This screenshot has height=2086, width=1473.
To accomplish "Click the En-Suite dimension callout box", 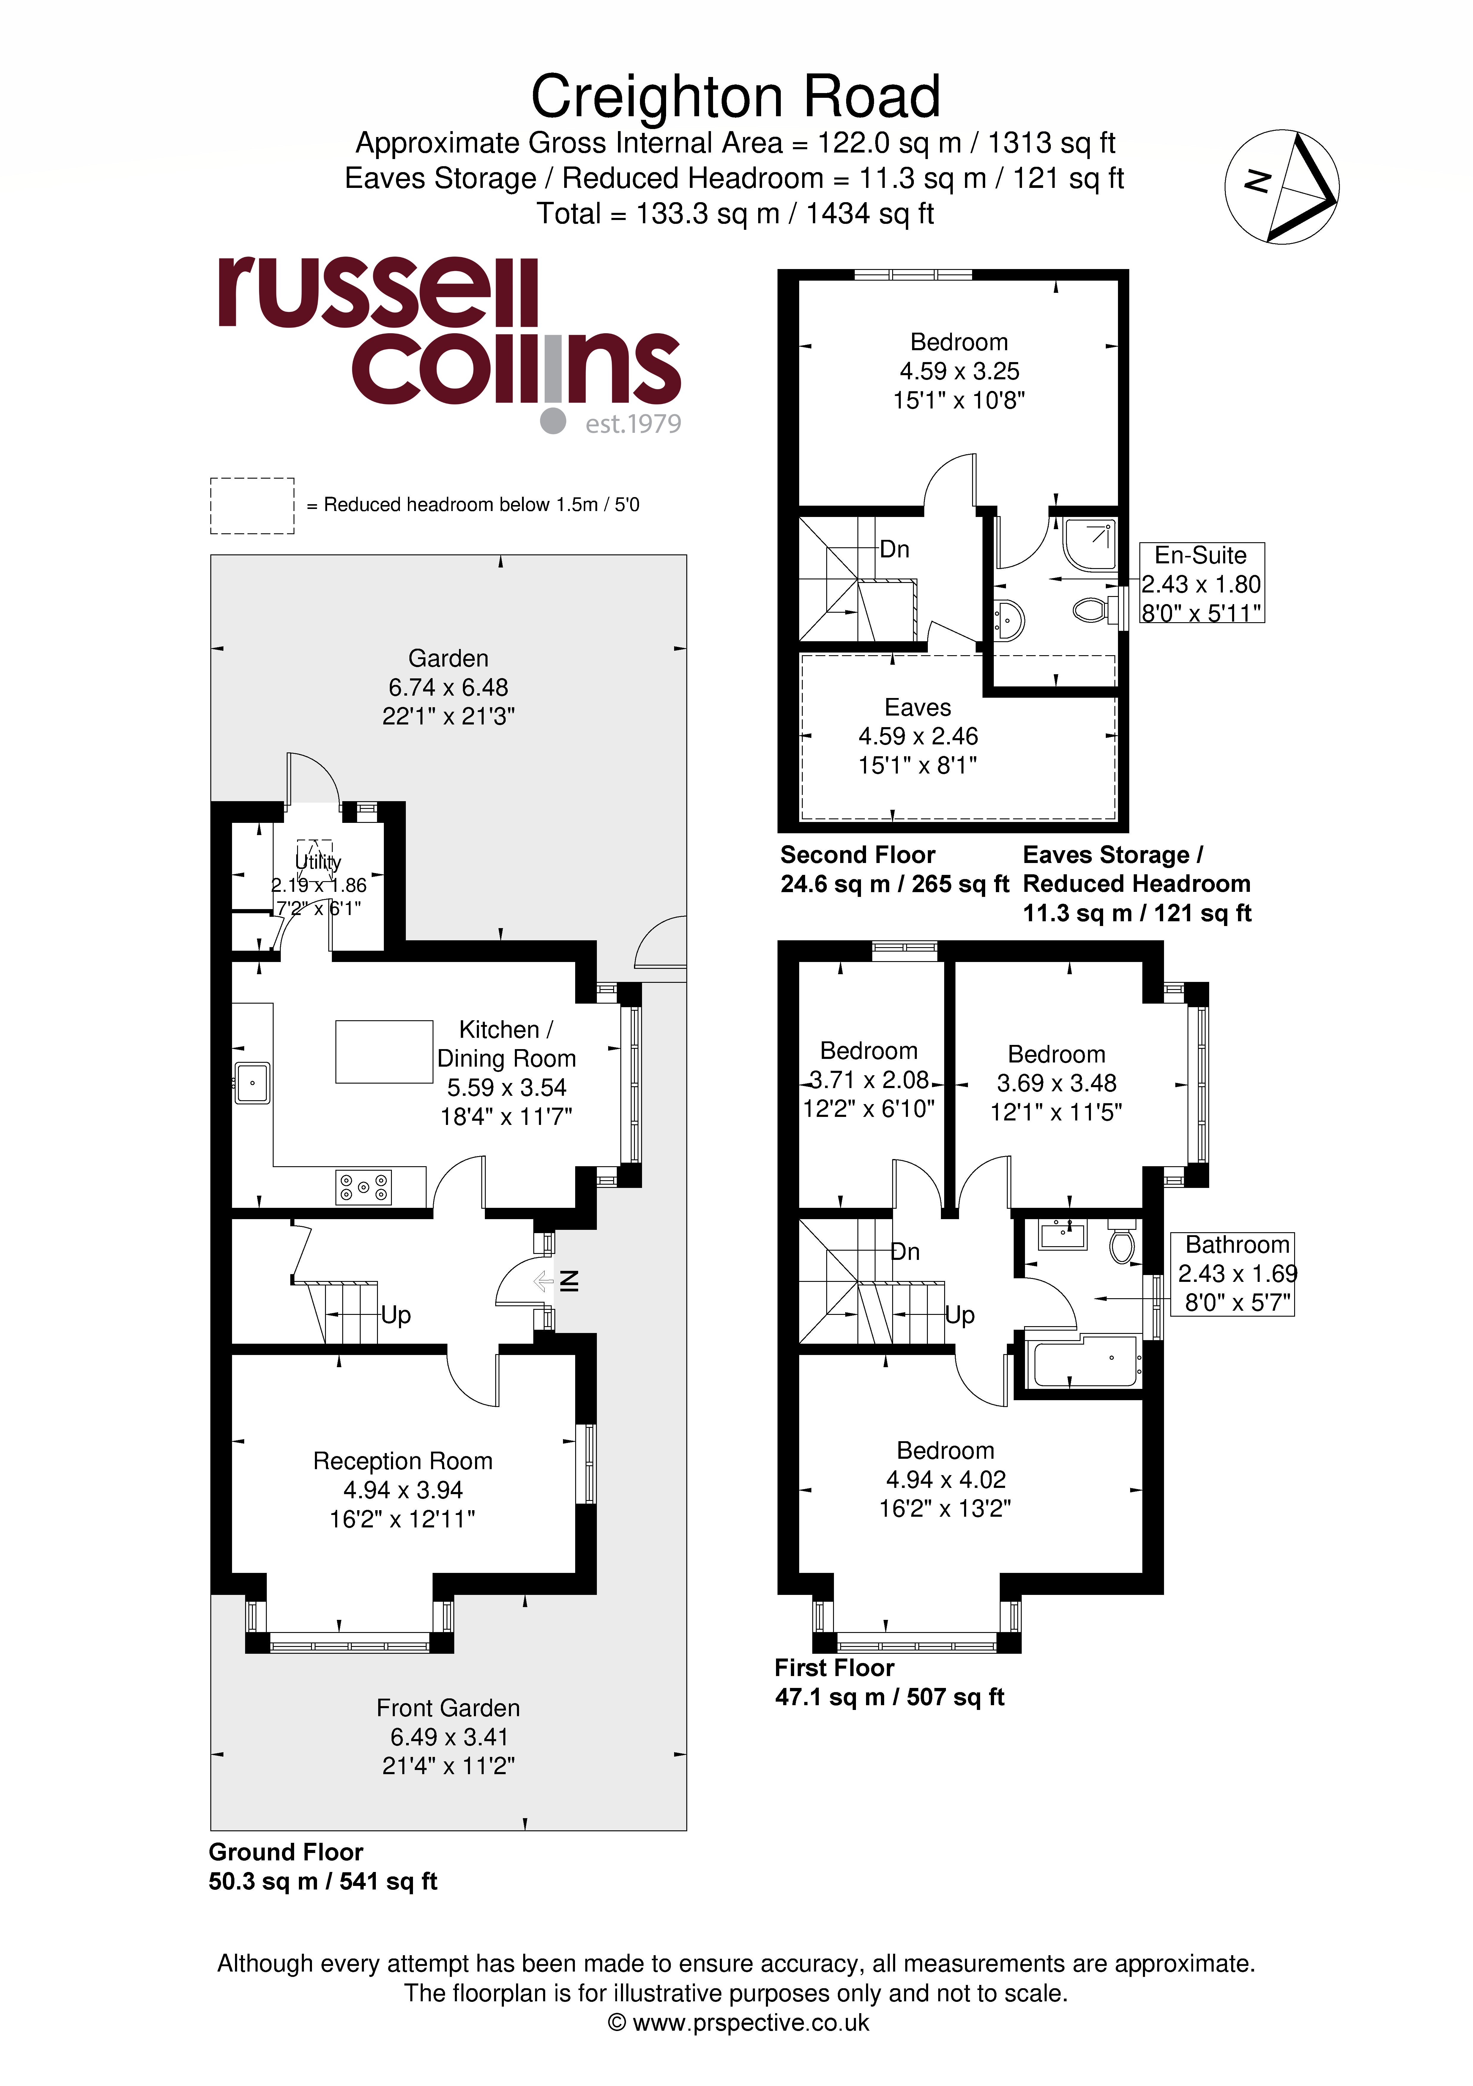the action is (1201, 583).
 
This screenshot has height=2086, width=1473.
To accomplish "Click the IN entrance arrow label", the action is (569, 1281).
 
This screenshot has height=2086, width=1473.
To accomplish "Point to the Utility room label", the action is (318, 861).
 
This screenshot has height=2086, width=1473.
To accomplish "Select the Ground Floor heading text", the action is (286, 1852).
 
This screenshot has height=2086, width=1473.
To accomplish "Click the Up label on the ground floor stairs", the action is (396, 1315).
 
